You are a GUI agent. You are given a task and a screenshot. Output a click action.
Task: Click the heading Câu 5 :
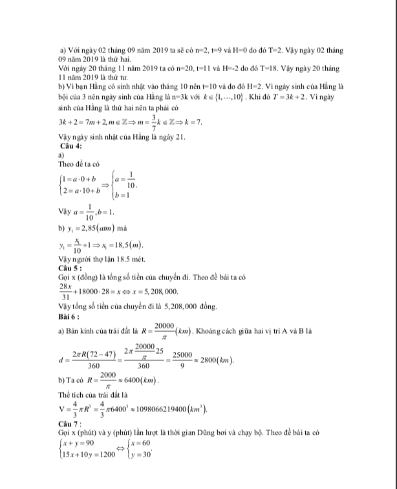(70, 268)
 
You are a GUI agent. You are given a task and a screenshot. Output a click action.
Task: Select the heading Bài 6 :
(69, 317)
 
